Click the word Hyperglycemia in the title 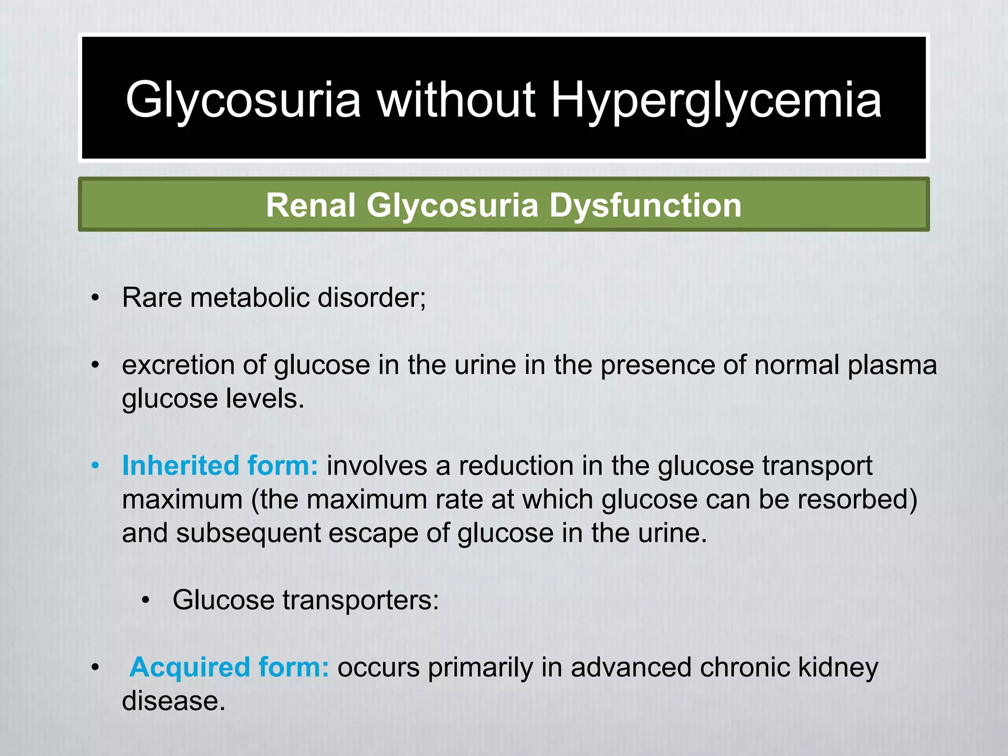click(716, 101)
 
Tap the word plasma click(892, 365)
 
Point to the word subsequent click(248, 533)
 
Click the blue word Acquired click(189, 667)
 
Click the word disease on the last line click(173, 701)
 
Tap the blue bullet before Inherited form click(95, 466)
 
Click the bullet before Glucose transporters click(145, 600)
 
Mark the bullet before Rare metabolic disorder click(95, 298)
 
